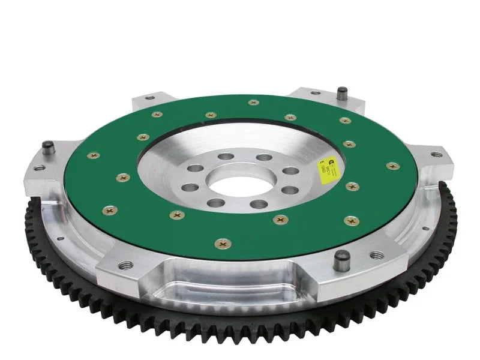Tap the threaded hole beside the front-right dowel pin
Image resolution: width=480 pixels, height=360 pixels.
377,256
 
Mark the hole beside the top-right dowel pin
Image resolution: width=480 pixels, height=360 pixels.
314,93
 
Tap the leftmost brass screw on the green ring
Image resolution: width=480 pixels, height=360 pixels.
94,156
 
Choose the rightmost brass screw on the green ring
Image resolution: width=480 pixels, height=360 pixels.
392,166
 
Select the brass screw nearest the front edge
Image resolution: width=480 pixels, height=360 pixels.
224,244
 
